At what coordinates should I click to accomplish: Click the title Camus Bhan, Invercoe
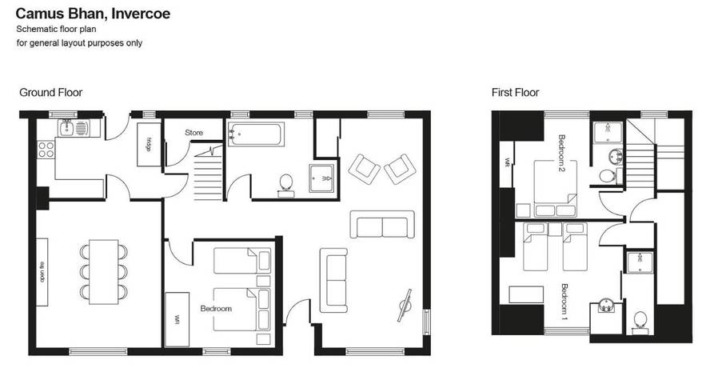pos(93,14)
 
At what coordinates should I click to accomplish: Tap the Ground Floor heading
pos(51,92)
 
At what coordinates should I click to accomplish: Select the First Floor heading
pos(515,92)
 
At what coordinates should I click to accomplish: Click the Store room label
pos(193,133)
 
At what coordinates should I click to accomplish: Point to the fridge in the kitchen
pos(149,144)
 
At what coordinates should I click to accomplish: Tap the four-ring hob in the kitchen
pos(46,150)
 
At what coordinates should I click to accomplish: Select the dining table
pos(103,272)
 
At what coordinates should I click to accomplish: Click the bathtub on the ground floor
pos(256,134)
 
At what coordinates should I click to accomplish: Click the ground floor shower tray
pos(321,178)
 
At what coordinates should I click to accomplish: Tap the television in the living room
pos(405,305)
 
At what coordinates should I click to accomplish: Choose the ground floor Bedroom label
pos(216,308)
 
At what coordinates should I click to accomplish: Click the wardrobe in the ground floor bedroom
pos(177,319)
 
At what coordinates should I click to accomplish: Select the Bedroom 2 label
pos(562,153)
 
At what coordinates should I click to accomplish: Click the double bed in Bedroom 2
pos(555,188)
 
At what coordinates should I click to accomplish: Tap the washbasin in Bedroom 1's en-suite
pos(606,306)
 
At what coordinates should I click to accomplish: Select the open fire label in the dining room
pos(42,272)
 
